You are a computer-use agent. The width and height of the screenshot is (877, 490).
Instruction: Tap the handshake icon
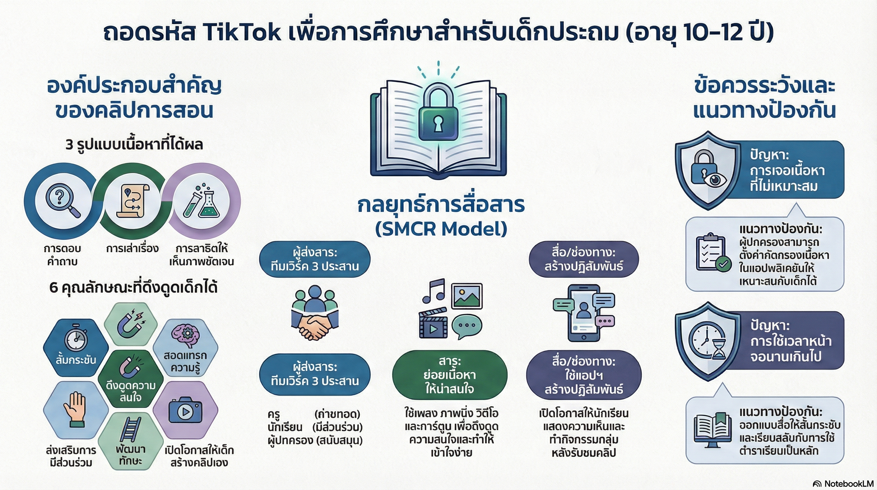315,313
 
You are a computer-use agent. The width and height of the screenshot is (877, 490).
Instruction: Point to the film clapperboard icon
433,323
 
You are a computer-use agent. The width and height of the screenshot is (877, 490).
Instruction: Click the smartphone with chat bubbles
584,313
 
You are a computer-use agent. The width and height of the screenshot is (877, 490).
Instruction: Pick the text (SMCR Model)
441,228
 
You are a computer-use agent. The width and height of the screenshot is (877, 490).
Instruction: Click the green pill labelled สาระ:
450,375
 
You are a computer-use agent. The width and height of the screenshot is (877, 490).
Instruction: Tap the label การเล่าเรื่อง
133,248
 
